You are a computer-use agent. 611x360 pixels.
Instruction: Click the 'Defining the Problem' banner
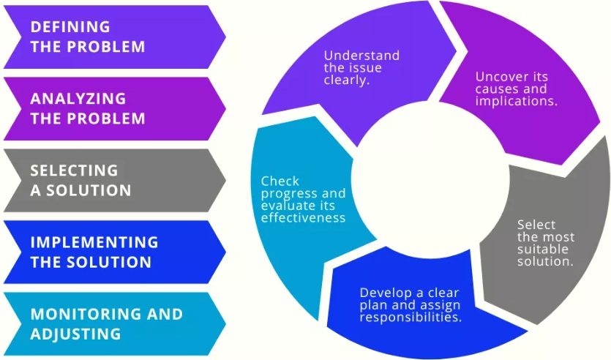click(110, 37)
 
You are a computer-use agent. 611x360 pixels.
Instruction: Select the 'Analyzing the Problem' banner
click(110, 108)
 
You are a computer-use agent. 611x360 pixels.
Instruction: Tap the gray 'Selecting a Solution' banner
click(110, 180)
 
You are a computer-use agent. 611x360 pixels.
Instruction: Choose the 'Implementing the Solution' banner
click(110, 252)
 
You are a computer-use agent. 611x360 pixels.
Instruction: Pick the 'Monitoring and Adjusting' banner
click(110, 323)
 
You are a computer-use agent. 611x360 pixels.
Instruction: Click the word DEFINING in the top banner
click(70, 27)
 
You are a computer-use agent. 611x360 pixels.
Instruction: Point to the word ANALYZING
click(78, 99)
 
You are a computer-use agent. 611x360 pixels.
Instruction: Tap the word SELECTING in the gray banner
click(74, 170)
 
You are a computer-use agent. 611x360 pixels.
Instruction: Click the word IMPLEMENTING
click(94, 242)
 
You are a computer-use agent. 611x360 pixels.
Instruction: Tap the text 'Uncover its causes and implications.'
click(516, 89)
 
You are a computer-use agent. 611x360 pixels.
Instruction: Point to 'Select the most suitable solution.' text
click(545, 242)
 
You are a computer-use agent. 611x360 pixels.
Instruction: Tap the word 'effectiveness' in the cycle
click(303, 217)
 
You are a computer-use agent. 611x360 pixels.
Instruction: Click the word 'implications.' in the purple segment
click(516, 101)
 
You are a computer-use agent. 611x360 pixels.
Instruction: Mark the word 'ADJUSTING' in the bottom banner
click(75, 334)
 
